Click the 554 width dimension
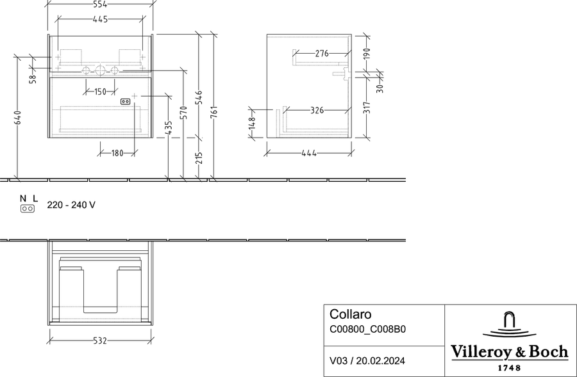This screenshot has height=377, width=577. tap(100, 4)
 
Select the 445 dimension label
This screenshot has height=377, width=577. tap(100, 19)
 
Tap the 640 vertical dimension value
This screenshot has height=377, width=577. tap(18, 118)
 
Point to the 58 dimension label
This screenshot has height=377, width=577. tap(33, 79)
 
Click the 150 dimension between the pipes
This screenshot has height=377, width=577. tap(100, 92)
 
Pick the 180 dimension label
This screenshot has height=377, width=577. tap(117, 153)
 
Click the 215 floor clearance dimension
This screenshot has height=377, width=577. tap(199, 158)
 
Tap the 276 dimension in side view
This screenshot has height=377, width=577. tap(322, 54)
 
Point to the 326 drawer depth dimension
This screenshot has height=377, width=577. tap(317, 110)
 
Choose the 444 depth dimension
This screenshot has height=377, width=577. tap(309, 153)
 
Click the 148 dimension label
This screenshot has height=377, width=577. tap(252, 123)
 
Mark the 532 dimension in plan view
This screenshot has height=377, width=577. tap(100, 341)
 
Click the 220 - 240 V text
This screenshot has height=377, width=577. tap(71, 205)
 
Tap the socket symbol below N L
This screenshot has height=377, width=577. tap(28, 209)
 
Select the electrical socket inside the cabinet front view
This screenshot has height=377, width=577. tap(126, 101)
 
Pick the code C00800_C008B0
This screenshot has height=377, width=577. tap(367, 329)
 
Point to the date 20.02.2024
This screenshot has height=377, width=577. tap(381, 361)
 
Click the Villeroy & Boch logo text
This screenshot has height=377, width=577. tap(509, 351)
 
